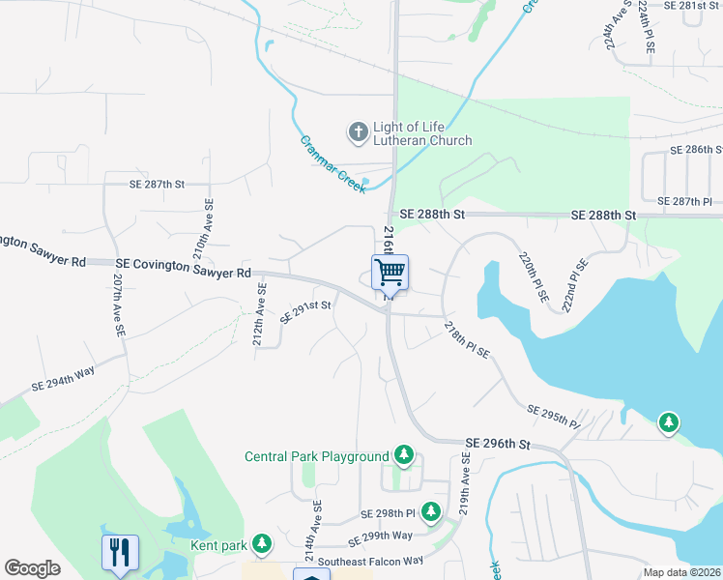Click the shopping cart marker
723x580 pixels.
pos(390,272)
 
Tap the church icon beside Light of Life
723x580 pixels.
pos(358,131)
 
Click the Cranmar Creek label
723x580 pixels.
pos(333,162)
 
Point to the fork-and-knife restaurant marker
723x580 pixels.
pos(120,552)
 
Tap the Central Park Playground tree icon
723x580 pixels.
pos(404,455)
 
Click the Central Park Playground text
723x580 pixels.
pos(316,456)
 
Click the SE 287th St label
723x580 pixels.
pos(158,183)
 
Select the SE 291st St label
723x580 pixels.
pos(305,311)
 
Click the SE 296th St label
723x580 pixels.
pos(498,444)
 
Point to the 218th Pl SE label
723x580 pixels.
pos(468,339)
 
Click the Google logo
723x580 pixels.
pos(32,568)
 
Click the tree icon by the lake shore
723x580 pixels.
pos(668,422)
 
